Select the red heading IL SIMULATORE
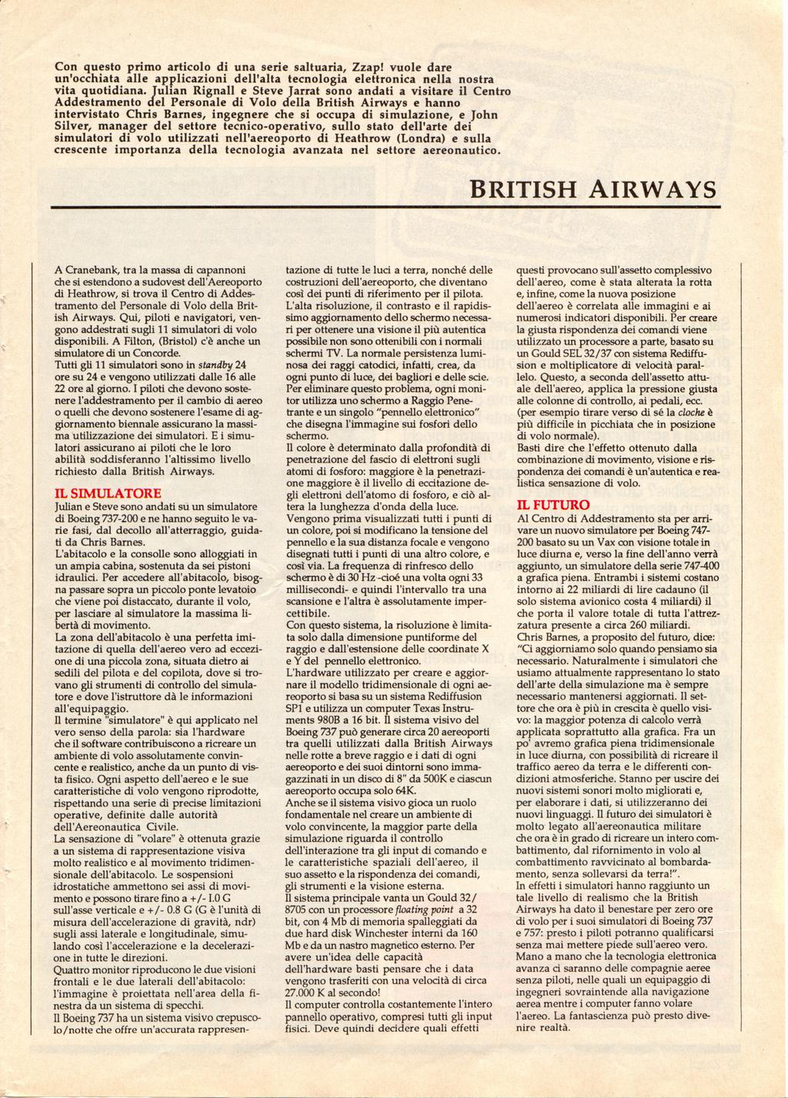[x=106, y=492]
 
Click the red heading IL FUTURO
[x=553, y=505]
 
